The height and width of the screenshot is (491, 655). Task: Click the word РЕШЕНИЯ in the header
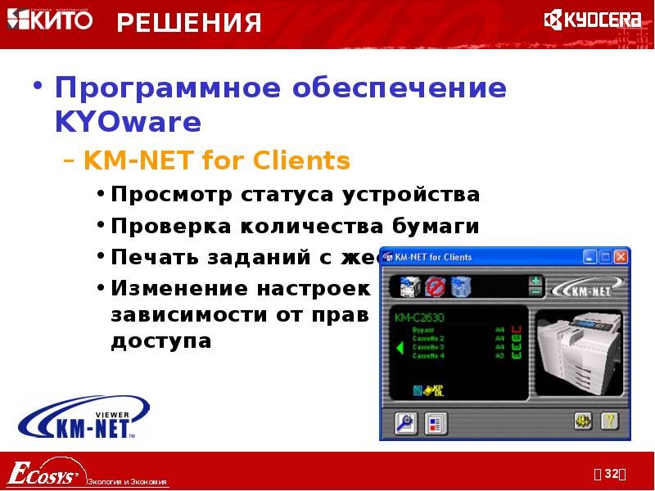pyautogui.click(x=189, y=23)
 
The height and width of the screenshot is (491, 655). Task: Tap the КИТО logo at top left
pyautogui.click(x=50, y=20)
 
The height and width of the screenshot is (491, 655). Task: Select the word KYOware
pyautogui.click(x=128, y=122)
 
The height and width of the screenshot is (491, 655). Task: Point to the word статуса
pyautogui.click(x=291, y=196)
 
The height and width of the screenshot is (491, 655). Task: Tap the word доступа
pyautogui.click(x=161, y=340)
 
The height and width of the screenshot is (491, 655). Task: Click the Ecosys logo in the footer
pyautogui.click(x=43, y=472)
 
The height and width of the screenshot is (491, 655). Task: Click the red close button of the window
pyautogui.click(x=620, y=257)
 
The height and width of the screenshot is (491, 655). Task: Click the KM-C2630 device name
pyautogui.click(x=419, y=317)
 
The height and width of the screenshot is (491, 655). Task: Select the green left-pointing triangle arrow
pyautogui.click(x=400, y=348)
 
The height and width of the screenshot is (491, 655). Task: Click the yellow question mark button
pyautogui.click(x=609, y=421)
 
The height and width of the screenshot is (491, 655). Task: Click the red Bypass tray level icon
pyautogui.click(x=517, y=329)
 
